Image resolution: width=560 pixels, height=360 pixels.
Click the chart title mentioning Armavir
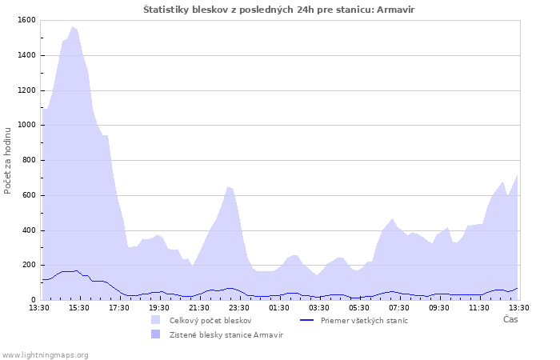coord(279,9)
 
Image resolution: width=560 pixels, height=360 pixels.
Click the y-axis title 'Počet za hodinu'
coord(8,160)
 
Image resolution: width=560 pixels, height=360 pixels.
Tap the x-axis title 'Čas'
coord(510,320)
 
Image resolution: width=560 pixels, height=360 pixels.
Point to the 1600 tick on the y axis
coord(25,20)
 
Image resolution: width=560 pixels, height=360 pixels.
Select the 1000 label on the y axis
coord(25,126)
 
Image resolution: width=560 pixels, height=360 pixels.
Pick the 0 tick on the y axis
coord(32,300)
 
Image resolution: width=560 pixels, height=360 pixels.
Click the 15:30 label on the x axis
coord(79,308)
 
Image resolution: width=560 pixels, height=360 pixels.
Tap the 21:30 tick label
coord(199,308)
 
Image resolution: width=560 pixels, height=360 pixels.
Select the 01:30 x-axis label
coord(279,308)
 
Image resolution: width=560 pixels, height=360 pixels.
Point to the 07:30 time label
coord(399,308)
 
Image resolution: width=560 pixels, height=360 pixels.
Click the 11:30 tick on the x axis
coord(479,308)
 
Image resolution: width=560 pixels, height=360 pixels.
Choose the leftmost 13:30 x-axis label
coord(39,308)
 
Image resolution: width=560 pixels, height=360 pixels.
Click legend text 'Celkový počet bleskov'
coord(210,321)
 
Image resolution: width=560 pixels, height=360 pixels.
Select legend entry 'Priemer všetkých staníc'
coord(364,321)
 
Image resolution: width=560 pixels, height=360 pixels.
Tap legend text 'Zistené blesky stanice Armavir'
coord(226,335)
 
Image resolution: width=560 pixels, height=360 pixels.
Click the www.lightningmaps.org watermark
coord(45,355)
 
